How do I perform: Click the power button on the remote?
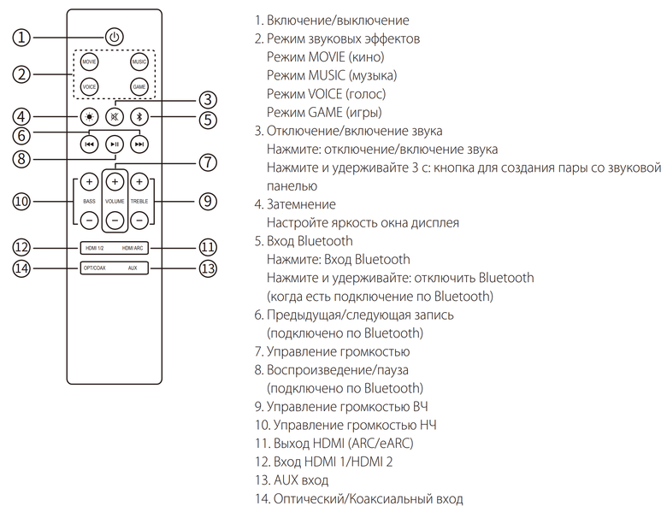point(115,37)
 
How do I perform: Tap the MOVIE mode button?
point(89,62)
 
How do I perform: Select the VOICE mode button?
point(89,87)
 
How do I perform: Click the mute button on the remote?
point(115,117)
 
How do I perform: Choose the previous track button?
point(89,144)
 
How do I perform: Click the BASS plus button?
point(89,182)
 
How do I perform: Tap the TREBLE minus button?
point(139,220)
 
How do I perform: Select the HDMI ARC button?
point(133,248)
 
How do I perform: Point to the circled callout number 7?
point(205,162)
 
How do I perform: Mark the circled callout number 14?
point(22,268)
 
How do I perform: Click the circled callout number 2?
point(22,74)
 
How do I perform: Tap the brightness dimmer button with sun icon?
point(89,117)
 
